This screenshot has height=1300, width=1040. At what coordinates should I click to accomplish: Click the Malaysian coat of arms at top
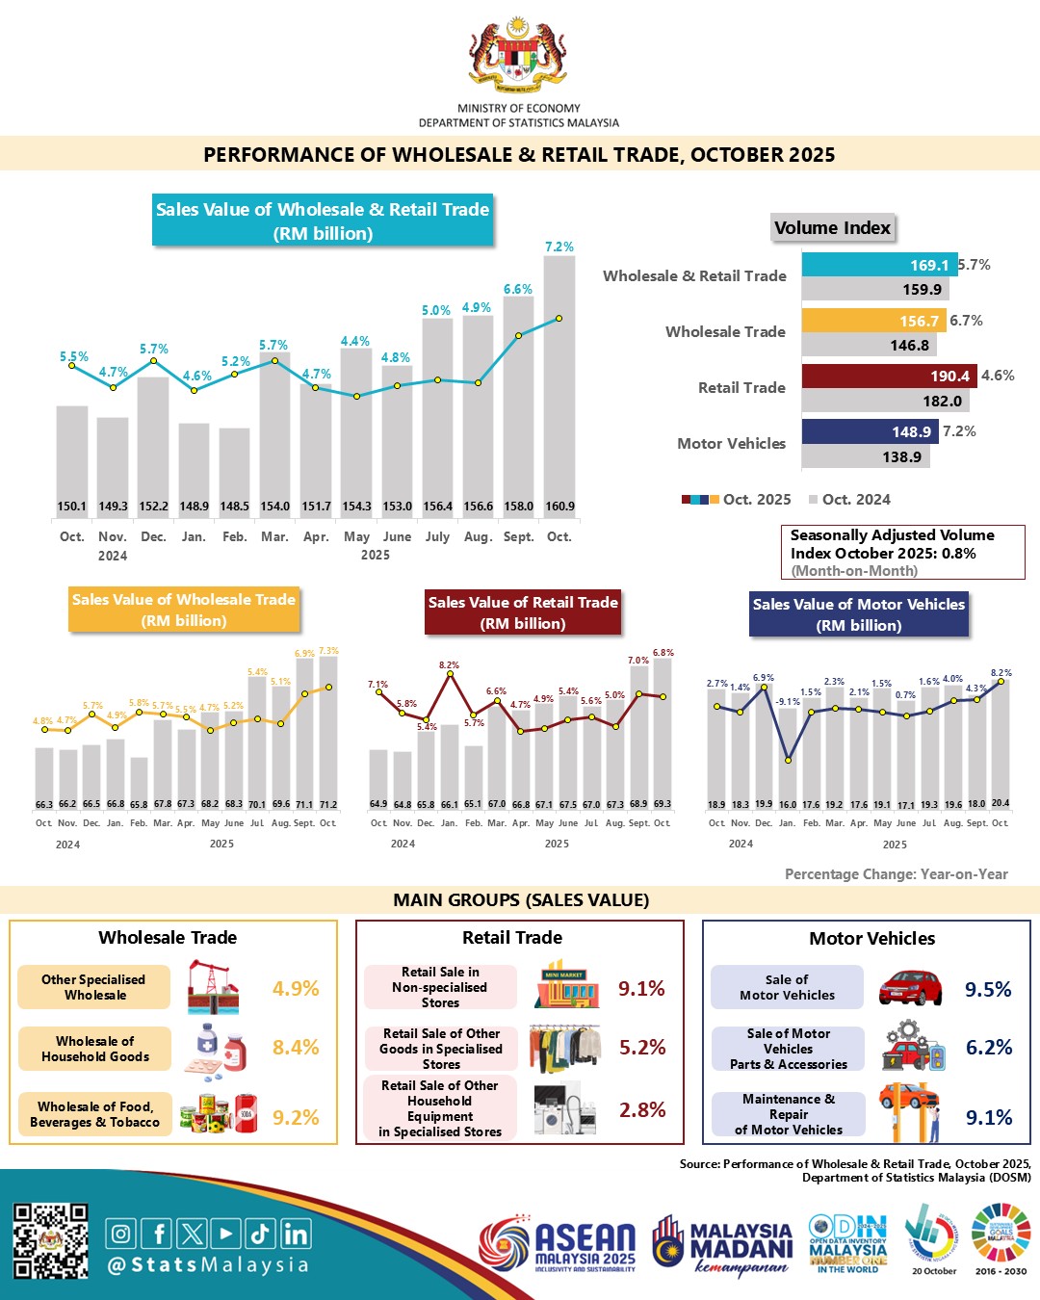coord(518,56)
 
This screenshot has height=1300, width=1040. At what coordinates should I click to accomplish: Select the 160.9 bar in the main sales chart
coord(559,385)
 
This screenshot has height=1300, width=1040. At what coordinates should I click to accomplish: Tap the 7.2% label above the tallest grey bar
coord(559,247)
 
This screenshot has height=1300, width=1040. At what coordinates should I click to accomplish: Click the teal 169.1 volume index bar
coord(879,265)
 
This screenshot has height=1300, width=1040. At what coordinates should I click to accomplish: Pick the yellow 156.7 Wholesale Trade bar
coord(873,321)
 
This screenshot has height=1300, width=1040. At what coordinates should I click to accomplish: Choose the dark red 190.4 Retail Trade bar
coord(889,376)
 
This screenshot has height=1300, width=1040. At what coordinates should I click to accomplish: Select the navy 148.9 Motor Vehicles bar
coord(870,431)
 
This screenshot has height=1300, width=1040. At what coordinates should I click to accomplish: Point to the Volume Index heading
coord(833,228)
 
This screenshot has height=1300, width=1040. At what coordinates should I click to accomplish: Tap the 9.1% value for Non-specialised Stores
coord(641,988)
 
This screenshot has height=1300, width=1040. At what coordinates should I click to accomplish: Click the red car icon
coord(910,987)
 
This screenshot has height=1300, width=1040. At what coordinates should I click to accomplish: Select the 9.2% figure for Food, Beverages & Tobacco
coord(296,1117)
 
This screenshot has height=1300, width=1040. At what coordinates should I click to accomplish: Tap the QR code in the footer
coord(50,1241)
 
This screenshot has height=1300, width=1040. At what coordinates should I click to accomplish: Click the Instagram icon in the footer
coord(120,1234)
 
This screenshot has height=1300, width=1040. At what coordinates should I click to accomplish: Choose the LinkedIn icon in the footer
coord(297,1234)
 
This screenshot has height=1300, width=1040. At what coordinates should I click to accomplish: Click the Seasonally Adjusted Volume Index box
coord(901,552)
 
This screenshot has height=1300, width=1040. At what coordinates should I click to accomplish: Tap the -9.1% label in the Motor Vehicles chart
coord(788,702)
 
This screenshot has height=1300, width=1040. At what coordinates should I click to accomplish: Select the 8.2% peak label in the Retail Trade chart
coord(449,665)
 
